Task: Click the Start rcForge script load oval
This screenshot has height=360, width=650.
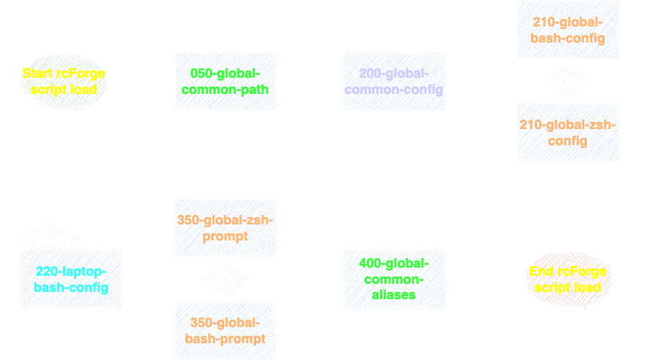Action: (64, 81)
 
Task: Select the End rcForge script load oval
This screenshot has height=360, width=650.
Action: (568, 279)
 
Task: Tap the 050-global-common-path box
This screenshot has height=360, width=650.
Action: (226, 81)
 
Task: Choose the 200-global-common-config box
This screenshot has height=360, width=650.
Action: (395, 81)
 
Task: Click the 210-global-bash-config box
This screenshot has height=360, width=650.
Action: (568, 30)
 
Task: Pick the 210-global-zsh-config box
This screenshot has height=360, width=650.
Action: (568, 133)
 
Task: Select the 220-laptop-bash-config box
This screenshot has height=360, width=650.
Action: (71, 279)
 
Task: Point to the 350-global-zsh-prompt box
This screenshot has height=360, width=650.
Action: (225, 227)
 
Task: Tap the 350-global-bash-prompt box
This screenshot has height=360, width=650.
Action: (225, 330)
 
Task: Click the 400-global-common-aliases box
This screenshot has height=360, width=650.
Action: (395, 279)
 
